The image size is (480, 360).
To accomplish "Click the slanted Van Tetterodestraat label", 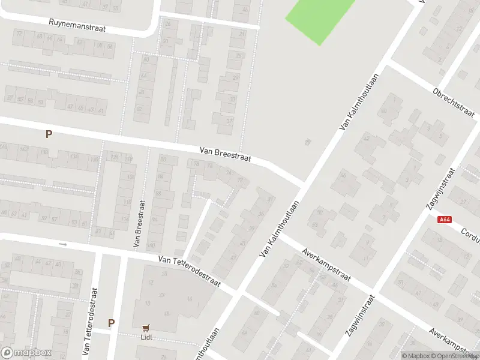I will tap(190, 272).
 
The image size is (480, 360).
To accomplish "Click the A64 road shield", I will tap(445, 220).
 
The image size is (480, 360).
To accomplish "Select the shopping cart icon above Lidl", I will tap(146, 328).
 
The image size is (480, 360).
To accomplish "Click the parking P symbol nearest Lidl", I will tap(111, 323).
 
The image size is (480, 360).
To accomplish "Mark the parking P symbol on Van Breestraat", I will tap(49, 134).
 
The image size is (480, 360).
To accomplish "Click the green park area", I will tap(319, 18).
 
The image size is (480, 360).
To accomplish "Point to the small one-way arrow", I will tap(63, 244).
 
